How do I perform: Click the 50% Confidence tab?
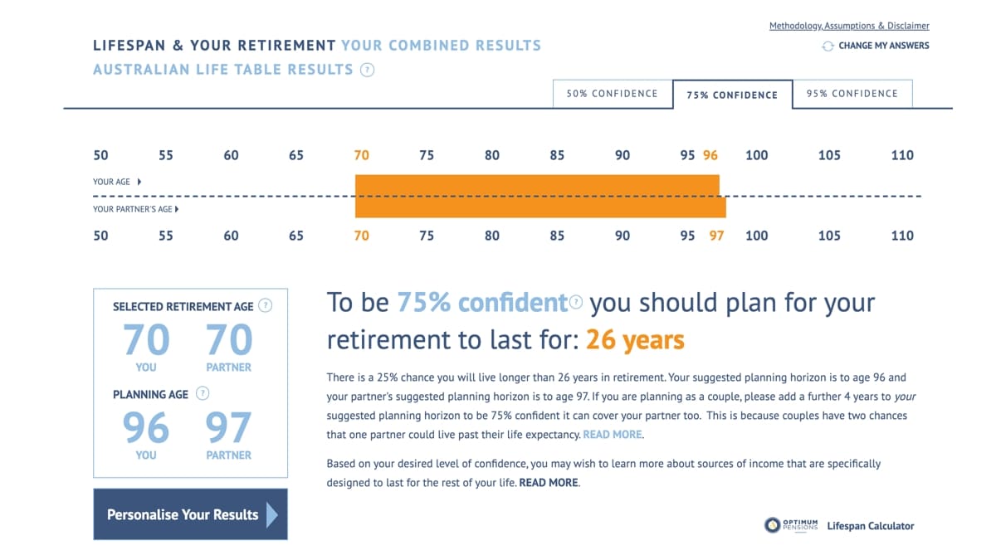click(x=613, y=94)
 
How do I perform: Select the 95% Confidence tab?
click(x=852, y=94)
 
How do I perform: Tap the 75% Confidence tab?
click(x=732, y=95)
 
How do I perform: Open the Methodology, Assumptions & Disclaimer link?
click(x=849, y=26)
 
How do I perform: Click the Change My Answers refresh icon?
click(x=828, y=46)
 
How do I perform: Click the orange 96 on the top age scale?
click(x=710, y=155)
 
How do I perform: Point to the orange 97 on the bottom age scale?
click(x=716, y=236)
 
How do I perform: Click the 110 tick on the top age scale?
click(x=902, y=155)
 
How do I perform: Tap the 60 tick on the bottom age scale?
click(x=231, y=236)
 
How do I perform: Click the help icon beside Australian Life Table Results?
click(x=367, y=70)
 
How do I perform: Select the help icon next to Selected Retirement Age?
click(x=266, y=306)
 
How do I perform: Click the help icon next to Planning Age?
click(x=203, y=393)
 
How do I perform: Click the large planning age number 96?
click(x=146, y=427)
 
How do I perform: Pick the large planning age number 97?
click(x=228, y=427)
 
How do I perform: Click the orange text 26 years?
click(x=635, y=340)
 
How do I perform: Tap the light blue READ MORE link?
click(x=613, y=434)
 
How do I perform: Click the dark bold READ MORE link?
click(x=549, y=483)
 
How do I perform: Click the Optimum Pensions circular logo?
click(x=773, y=525)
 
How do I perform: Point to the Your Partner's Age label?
click(x=133, y=209)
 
